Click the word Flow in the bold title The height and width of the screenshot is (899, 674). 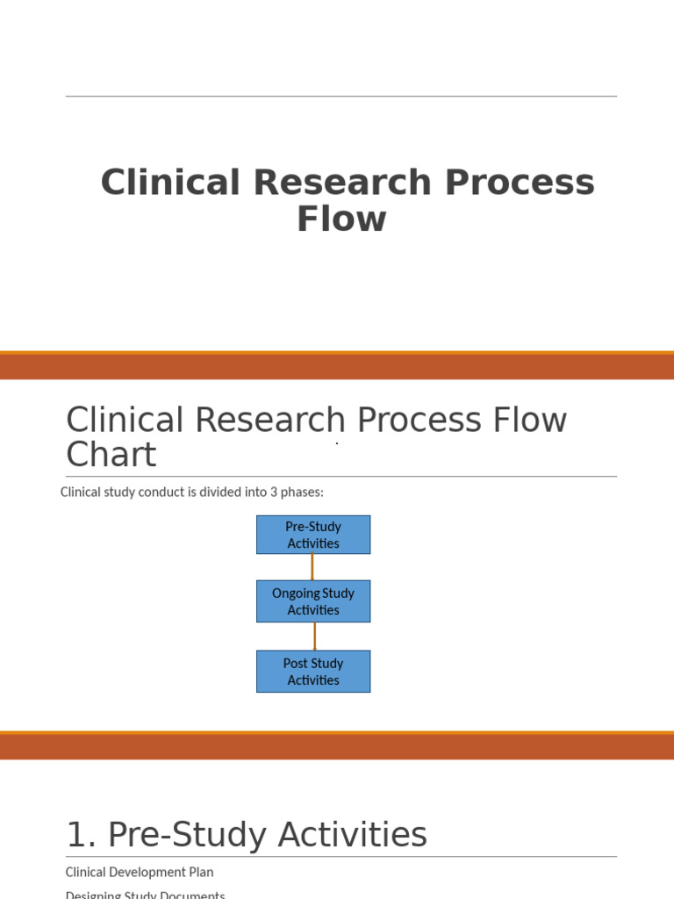(x=341, y=219)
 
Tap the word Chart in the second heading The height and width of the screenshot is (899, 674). (x=111, y=455)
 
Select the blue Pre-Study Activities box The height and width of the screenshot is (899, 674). (x=313, y=535)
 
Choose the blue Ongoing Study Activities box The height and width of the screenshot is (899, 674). (x=313, y=601)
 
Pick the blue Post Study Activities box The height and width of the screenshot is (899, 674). (x=313, y=672)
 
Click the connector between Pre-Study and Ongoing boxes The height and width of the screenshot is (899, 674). (x=312, y=567)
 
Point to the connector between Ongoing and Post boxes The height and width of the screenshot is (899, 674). (x=314, y=636)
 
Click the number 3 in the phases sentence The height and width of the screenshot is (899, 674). (x=272, y=492)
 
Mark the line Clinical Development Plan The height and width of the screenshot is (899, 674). (x=140, y=872)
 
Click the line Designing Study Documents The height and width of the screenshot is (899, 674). (x=145, y=894)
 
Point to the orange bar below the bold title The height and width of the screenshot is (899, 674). (x=337, y=366)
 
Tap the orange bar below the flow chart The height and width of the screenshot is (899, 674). (x=337, y=745)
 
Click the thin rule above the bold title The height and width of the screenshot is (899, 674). (x=341, y=97)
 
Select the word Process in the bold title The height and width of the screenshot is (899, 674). (x=519, y=183)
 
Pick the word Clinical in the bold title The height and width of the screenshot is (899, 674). (x=169, y=183)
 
